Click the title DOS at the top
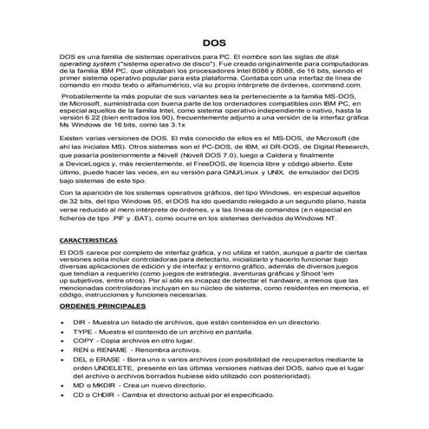click(x=214, y=67)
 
